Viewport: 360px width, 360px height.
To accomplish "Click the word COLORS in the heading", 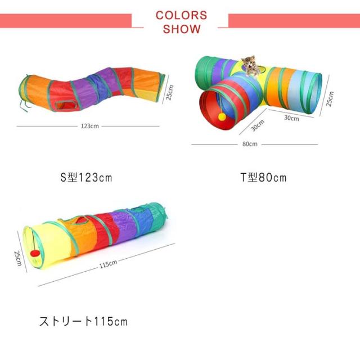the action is tap(181, 15).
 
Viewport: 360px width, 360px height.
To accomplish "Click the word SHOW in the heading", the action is tap(182, 29).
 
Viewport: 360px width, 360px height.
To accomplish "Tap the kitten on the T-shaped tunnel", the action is tap(250, 66).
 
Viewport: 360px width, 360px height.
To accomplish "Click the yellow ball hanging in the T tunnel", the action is tap(222, 116).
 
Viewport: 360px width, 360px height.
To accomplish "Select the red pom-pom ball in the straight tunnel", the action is tap(35, 254).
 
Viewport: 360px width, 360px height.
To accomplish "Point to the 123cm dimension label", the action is tap(90, 126).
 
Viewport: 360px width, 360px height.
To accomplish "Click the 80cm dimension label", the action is tap(250, 144).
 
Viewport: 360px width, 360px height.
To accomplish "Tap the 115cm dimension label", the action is tap(108, 264).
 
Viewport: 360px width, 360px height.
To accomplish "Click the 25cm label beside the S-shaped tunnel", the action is tap(169, 92).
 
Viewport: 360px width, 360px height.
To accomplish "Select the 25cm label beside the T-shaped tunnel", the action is tap(330, 99).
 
